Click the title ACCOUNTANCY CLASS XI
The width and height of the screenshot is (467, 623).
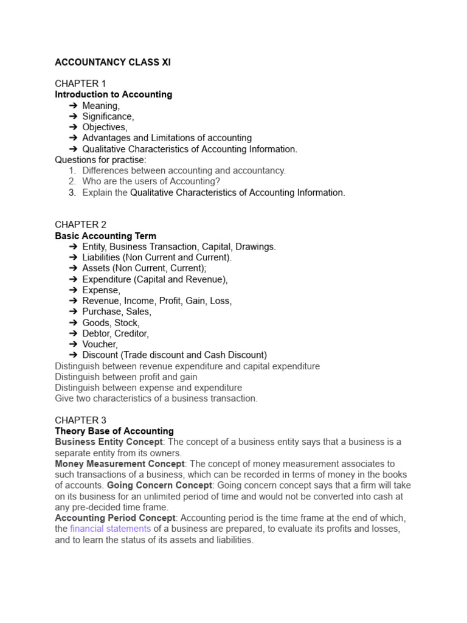112,63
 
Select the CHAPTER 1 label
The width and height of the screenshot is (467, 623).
80,84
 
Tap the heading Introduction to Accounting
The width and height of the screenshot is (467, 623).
113,95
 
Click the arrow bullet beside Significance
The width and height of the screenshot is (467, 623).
73,117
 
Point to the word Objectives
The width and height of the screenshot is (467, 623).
104,128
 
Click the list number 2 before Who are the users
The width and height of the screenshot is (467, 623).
72,182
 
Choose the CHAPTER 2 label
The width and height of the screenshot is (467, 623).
80,225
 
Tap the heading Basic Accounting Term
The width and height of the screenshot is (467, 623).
105,236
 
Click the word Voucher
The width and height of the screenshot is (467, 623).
99,344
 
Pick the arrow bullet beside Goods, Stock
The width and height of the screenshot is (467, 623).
73,323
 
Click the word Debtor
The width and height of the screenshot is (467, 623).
97,333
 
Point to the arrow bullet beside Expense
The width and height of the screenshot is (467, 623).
73,290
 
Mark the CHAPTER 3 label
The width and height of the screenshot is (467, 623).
80,420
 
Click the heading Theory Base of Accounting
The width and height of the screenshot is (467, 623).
114,431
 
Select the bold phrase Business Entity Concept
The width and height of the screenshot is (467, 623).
109,442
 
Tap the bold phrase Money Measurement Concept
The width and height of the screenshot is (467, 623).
119,464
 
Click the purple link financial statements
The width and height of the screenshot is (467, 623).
110,529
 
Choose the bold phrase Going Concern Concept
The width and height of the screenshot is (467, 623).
159,486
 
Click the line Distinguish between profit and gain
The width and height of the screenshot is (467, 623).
126,377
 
